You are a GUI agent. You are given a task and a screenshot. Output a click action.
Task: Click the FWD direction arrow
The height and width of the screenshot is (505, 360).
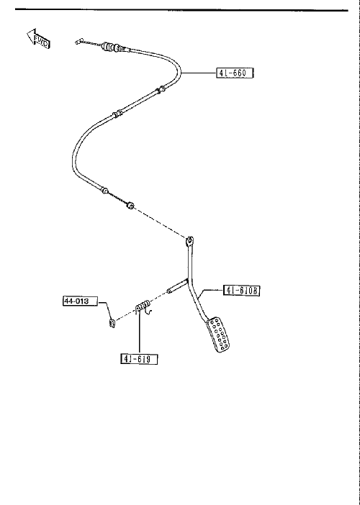coord(37,39)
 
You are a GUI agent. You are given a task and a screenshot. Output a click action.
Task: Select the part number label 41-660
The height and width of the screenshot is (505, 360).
coord(235,73)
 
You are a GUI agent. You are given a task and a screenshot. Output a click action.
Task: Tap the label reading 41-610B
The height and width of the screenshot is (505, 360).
coord(241,291)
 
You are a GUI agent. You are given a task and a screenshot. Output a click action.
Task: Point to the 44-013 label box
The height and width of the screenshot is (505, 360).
coord(80,301)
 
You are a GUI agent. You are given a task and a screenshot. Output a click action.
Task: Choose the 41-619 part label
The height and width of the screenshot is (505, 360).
coord(139,359)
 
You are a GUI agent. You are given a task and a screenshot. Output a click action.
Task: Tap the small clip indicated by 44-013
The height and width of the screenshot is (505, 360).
coord(112,323)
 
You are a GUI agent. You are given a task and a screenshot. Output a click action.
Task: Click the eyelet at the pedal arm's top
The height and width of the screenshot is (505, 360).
coord(190,240)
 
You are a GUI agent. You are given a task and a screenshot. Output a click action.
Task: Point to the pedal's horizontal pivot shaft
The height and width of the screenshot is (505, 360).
coord(177,286)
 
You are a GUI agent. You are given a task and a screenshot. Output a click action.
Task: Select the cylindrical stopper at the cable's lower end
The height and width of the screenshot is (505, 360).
coord(130,205)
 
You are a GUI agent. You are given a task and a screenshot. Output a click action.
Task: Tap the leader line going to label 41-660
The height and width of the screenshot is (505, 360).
coord(198,73)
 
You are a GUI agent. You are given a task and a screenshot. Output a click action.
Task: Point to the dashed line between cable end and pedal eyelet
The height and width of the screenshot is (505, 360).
coord(160,222)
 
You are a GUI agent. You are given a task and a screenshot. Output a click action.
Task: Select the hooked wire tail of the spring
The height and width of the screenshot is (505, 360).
coord(148,311)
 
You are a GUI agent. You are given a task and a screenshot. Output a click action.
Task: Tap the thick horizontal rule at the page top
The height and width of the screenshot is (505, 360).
coord(181,10)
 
